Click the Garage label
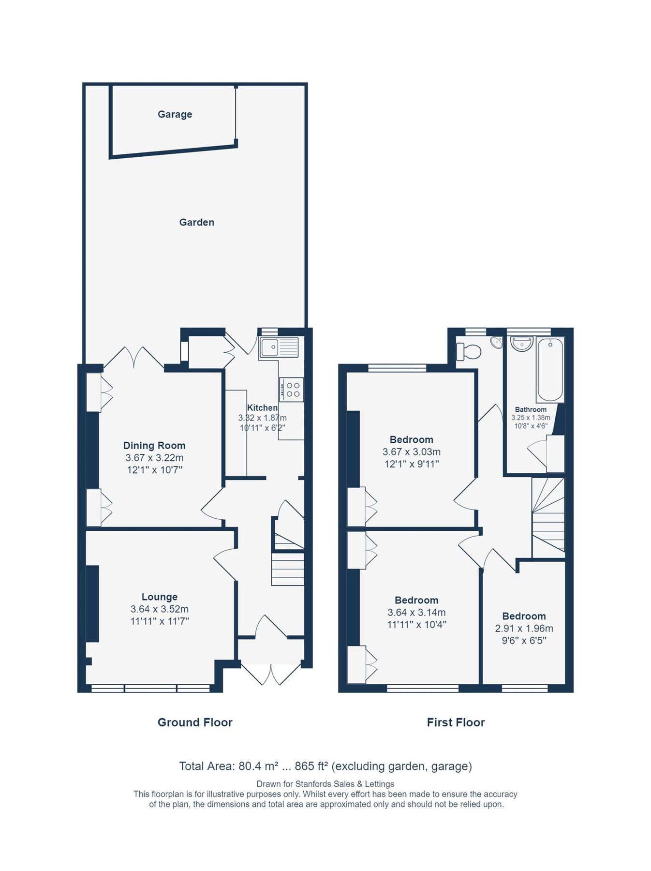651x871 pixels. pos(175,114)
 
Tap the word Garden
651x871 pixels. pos(196,222)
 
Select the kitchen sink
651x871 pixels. pos(279,347)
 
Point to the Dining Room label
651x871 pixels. pos(154,445)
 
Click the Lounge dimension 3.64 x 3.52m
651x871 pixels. pos(159,609)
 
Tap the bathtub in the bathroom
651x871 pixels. pos(550,370)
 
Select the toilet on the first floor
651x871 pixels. pos(469,351)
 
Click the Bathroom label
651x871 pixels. pos(531,409)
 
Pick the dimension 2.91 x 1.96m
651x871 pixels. pos(524,628)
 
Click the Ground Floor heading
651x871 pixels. pos(195,722)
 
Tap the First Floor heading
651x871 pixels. pos(456,722)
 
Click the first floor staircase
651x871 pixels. pos(548,518)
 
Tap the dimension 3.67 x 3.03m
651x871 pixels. pos(411,451)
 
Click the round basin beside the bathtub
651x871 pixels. pos(522,344)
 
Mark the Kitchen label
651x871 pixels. pos(262,407)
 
